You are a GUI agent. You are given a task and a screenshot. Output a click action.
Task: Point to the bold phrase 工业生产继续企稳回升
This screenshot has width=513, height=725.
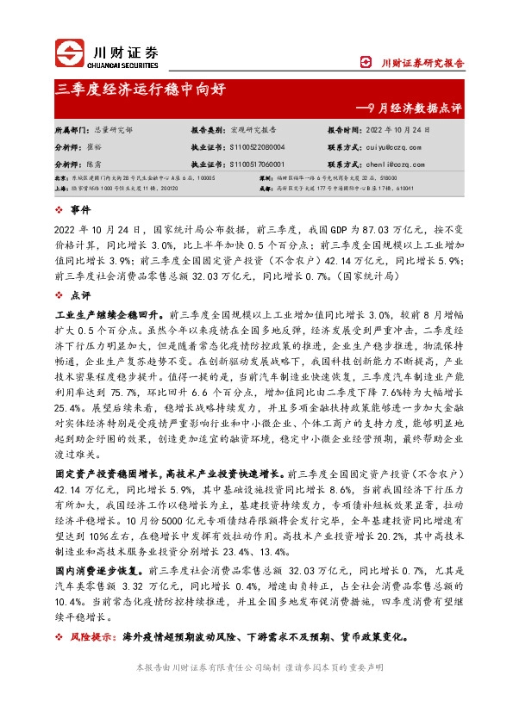click(x=101, y=315)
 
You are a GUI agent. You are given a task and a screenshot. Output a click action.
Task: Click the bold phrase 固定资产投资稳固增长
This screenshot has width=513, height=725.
click(x=107, y=474)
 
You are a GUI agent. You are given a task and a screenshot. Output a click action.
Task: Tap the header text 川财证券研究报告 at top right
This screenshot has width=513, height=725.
click(x=422, y=63)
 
